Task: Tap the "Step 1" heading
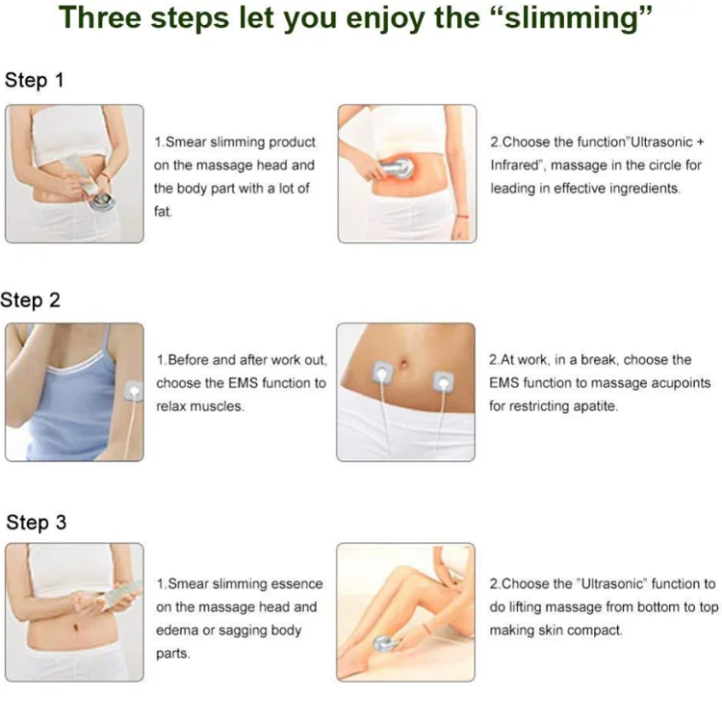[x=34, y=80]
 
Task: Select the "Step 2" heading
[x=31, y=300]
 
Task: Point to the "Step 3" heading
[x=37, y=523]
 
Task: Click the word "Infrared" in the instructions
[x=514, y=165]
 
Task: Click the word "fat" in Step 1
[x=163, y=212]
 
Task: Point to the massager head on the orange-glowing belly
[x=398, y=168]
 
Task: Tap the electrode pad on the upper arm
[x=133, y=392]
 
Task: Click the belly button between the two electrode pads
[x=403, y=365]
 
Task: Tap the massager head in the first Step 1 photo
[x=101, y=201]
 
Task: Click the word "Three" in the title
[x=100, y=18]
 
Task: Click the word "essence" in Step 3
[x=297, y=584]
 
